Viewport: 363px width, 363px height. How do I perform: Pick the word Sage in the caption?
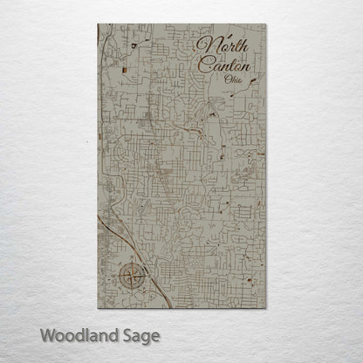[x=141, y=334]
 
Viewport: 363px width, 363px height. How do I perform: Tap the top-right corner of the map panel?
[x=265, y=25]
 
